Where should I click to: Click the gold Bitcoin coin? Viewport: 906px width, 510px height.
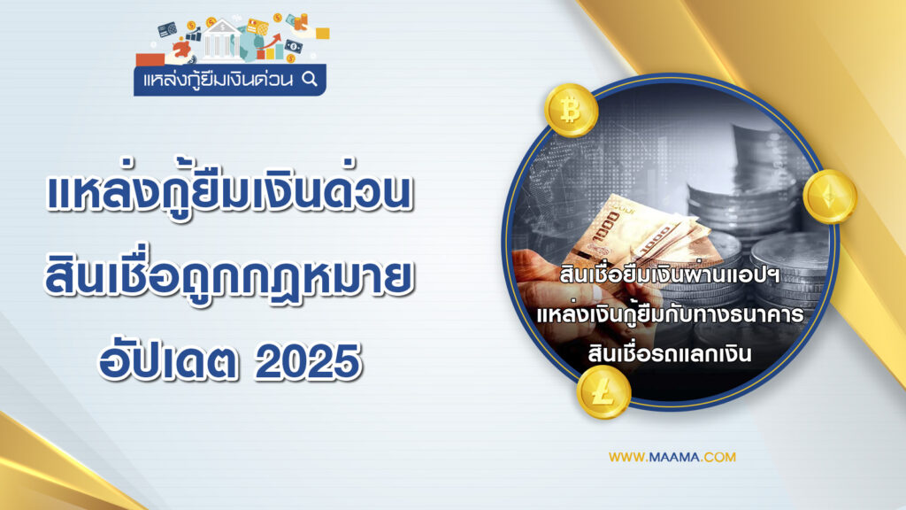tap(571, 110)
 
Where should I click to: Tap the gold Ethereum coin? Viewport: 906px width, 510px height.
tap(830, 197)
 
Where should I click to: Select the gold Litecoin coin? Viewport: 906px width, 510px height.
tap(603, 392)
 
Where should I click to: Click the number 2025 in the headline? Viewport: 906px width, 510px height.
tap(308, 361)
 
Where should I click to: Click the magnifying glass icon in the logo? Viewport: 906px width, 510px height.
tap(310, 79)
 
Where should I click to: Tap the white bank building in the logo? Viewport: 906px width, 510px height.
tap(221, 40)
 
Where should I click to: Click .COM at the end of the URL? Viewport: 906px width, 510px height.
tap(718, 458)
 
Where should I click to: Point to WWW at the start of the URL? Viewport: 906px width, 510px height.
tap(626, 458)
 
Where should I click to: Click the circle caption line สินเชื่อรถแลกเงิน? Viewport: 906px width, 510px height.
tap(670, 352)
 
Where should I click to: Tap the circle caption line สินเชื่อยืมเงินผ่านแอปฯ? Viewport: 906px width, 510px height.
tap(671, 274)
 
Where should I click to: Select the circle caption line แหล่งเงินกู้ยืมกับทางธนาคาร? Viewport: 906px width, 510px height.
tap(671, 314)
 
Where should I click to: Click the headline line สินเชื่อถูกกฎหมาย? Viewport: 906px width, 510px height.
tap(229, 277)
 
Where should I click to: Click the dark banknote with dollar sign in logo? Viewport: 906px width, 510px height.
tap(294, 46)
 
